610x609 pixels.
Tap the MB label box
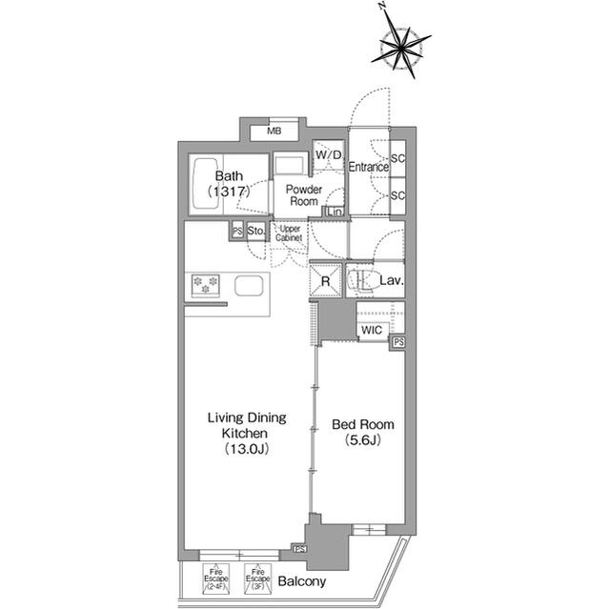(274, 131)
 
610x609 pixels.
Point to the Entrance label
(368, 168)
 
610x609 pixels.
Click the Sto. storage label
(255, 231)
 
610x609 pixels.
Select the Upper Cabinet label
(290, 233)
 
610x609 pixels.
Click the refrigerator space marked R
(326, 281)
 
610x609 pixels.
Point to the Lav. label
(392, 281)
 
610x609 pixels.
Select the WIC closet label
(372, 331)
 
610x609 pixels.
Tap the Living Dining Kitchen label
(247, 425)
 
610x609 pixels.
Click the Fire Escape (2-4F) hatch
(215, 577)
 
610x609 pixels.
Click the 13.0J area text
(247, 449)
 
